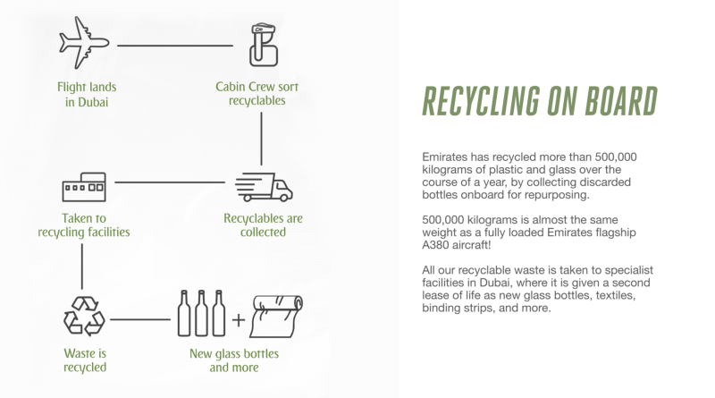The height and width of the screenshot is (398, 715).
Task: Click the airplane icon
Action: [84, 43]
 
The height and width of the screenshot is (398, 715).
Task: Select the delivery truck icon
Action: [264, 186]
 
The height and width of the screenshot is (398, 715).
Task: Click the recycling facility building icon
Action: [84, 185]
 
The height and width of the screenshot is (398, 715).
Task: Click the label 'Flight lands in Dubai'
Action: [86, 94]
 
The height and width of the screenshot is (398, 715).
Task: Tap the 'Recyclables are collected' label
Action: [264, 224]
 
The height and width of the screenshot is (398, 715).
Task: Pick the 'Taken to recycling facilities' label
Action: [84, 224]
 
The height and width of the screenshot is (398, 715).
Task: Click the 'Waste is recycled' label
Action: [85, 360]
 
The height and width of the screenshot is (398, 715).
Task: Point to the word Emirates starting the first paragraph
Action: [447, 157]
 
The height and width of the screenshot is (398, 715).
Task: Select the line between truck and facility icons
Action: [169, 183]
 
